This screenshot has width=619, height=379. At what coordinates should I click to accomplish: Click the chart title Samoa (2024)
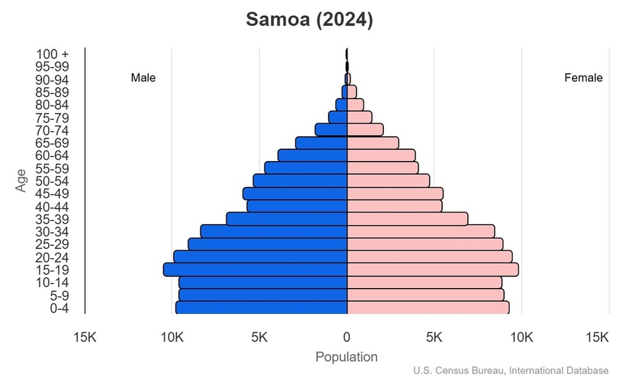pyautogui.click(x=309, y=20)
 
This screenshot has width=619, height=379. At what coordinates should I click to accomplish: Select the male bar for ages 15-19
pyautogui.click(x=255, y=270)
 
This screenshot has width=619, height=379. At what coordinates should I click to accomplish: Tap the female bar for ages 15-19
pyautogui.click(x=433, y=270)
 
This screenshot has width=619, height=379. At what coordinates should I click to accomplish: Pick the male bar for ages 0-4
pyautogui.click(x=261, y=308)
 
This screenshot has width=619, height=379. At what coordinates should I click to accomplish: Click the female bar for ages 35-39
pyautogui.click(x=407, y=219)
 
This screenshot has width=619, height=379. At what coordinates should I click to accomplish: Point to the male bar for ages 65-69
pyautogui.click(x=322, y=143)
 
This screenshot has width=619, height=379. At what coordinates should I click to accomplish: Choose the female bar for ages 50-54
pyautogui.click(x=388, y=181)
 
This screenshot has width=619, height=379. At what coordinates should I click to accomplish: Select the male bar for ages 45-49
pyautogui.click(x=295, y=194)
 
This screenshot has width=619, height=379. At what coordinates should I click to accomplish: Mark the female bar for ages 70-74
pyautogui.click(x=365, y=130)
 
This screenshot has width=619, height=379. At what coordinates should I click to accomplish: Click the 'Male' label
pyautogui.click(x=143, y=78)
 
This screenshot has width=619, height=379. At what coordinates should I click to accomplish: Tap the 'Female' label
pyautogui.click(x=583, y=78)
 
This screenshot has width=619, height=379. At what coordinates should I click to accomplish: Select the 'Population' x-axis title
pyautogui.click(x=346, y=357)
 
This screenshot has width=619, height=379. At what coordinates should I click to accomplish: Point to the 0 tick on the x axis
pyautogui.click(x=347, y=337)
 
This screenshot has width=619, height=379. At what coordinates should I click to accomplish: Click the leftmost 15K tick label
pyautogui.click(x=85, y=337)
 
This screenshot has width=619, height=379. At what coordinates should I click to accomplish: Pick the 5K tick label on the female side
pyautogui.click(x=434, y=337)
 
